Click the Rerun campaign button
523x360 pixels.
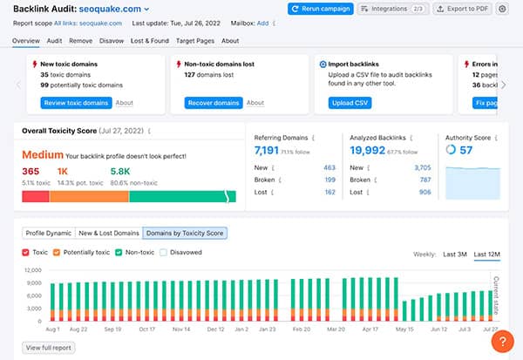[320, 9]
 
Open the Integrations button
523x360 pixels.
[392, 9]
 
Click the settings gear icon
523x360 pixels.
[502, 9]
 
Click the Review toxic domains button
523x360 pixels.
[76, 103]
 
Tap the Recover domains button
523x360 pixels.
[214, 103]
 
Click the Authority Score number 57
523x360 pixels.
[465, 150]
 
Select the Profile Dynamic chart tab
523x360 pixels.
[48, 234]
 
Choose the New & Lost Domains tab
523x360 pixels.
[109, 234]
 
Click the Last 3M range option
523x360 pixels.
[455, 254]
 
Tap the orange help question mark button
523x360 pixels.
[503, 342]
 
